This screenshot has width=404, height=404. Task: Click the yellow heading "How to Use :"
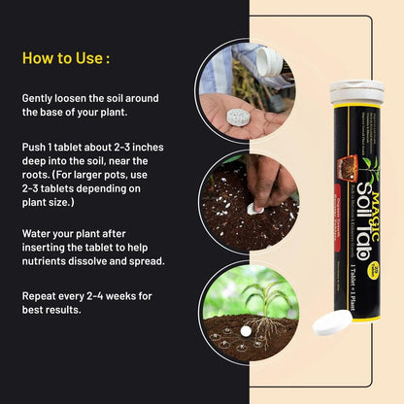[66, 58]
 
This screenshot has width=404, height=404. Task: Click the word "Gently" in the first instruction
[42, 98]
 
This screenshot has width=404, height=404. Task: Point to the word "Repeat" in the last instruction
[42, 295]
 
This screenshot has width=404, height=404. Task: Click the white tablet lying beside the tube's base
[331, 324]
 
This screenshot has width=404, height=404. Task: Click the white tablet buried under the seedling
[246, 331]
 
